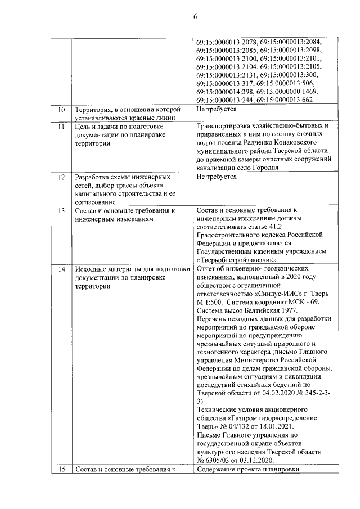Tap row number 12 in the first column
(x=61, y=177)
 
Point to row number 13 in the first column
(x=61, y=210)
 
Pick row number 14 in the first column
(x=61, y=269)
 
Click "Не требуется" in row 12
(x=216, y=177)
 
